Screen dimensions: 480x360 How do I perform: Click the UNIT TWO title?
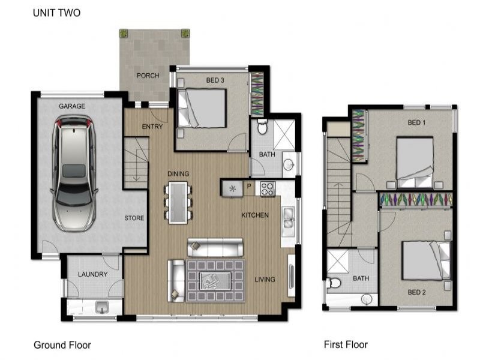point(56,13)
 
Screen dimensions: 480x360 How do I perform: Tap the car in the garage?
point(74,173)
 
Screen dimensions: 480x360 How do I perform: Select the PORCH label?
point(148,76)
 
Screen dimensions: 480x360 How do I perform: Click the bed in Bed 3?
point(202,108)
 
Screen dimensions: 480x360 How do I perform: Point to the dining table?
point(178,203)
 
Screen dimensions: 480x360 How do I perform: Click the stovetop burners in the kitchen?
point(268,189)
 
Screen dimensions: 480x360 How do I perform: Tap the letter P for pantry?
point(249,186)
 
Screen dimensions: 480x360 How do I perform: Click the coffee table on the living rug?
point(215,281)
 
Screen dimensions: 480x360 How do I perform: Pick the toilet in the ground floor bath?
point(262,127)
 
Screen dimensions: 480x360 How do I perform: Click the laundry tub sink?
point(101,307)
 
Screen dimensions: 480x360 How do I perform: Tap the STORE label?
point(134,218)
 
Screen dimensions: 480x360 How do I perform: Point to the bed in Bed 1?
point(415,163)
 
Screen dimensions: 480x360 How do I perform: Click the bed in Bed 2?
point(426,260)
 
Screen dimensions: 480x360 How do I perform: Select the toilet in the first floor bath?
point(334,283)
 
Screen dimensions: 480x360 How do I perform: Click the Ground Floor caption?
point(62,345)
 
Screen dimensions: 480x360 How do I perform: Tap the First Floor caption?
point(346,344)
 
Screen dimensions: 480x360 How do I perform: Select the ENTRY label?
point(152,127)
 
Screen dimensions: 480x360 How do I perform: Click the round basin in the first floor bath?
point(367,299)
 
